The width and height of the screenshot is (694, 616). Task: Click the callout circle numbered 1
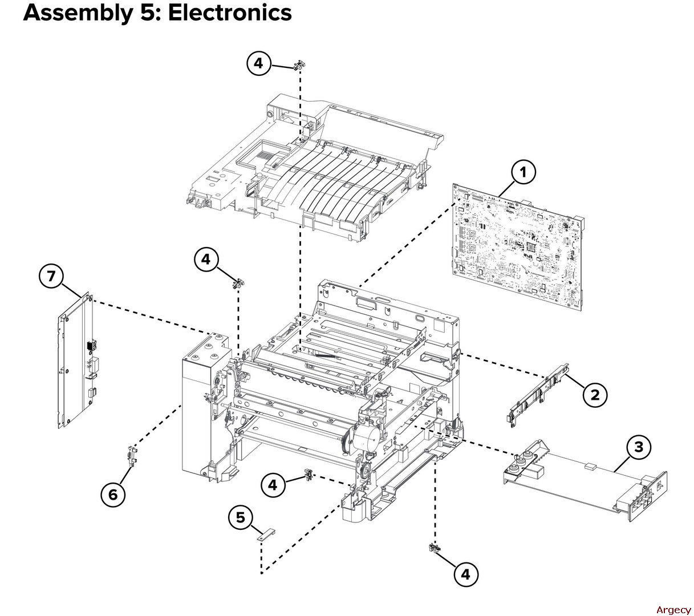pos(523,172)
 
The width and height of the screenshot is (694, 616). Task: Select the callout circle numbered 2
pos(595,394)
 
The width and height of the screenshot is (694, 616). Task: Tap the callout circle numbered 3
pos(639,447)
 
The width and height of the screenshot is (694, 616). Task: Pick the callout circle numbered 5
pos(241,517)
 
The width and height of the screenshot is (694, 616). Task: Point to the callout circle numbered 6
pos(113,494)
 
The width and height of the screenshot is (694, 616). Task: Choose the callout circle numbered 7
pos(51,276)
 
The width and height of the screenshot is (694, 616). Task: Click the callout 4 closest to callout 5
pos(273,485)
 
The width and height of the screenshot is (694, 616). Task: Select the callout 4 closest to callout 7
pos(206,260)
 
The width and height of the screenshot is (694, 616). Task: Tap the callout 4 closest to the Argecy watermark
pos(466,574)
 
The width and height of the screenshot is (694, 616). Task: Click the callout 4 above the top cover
pos(258,63)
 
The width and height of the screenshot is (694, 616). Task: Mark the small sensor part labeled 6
pos(131,455)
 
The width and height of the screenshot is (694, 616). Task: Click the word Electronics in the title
pos(230,13)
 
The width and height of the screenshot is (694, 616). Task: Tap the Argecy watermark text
pos(673,609)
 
